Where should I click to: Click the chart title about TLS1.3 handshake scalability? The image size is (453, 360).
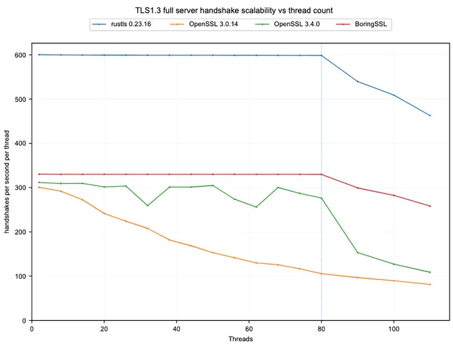pos(234,11)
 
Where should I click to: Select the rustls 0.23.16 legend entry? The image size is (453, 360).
pos(122,24)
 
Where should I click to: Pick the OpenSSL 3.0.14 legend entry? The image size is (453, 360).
pos(204,24)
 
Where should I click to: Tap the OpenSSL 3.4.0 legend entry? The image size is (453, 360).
pos(288,24)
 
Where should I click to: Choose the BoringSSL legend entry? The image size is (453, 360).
pos(361,24)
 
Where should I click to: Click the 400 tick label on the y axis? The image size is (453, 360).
pos(20,143)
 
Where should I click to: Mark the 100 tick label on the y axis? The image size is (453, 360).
pos(20,276)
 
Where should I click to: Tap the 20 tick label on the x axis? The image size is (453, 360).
pos(104,329)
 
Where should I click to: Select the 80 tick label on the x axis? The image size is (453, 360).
pos(321,329)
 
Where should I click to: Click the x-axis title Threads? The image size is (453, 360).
pos(240,339)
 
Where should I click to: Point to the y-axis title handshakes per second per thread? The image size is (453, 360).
pos(7,181)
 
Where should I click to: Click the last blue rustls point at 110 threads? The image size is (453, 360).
pos(430,115)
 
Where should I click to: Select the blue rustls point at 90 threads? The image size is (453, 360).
pos(358,81)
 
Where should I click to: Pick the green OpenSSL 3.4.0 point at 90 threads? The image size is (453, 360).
pos(358,253)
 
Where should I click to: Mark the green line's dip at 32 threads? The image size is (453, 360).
pos(148,205)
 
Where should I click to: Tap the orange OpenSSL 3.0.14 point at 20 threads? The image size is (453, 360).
pos(104,213)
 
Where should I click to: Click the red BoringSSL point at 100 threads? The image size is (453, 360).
pos(394,195)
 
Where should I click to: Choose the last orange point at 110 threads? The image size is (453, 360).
pos(430,284)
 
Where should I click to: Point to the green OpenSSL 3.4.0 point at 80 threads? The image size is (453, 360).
pos(321,198)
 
